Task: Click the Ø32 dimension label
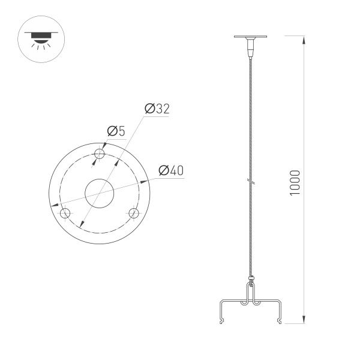click(157, 109)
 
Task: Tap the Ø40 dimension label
click(170, 171)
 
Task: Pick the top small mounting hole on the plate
click(100, 154)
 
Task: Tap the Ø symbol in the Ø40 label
click(162, 171)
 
